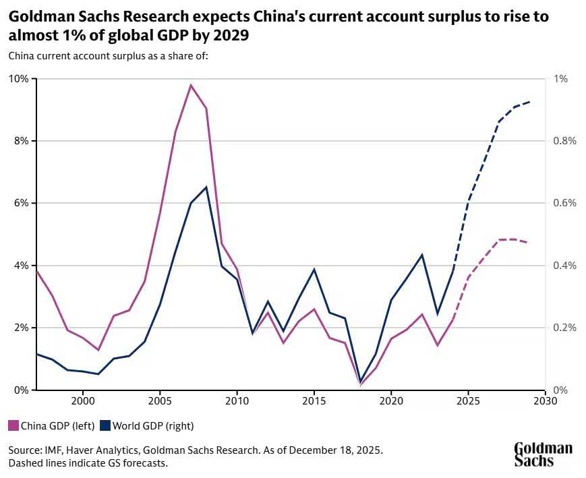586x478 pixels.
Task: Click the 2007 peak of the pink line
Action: (x=191, y=85)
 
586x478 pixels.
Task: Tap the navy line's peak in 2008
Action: (x=206, y=187)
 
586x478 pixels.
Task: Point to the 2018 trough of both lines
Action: (x=360, y=383)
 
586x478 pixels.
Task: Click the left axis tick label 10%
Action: (x=18, y=79)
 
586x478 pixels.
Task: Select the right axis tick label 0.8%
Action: (x=565, y=141)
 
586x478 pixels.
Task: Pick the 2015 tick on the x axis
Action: (x=314, y=400)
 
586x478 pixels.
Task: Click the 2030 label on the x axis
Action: (x=545, y=400)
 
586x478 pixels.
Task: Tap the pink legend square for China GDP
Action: (x=13, y=425)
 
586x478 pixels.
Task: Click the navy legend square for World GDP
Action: (x=105, y=425)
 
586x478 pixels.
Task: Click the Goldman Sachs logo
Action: (x=543, y=454)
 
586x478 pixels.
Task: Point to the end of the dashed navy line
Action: (x=529, y=102)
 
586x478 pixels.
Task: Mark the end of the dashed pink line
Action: (x=529, y=243)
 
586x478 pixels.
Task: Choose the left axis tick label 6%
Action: (x=20, y=203)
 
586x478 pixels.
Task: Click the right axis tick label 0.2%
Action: (x=565, y=328)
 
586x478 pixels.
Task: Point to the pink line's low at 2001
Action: (x=98, y=350)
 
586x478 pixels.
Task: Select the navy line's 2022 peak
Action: (x=422, y=255)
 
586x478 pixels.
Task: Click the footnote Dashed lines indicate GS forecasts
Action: (x=88, y=463)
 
